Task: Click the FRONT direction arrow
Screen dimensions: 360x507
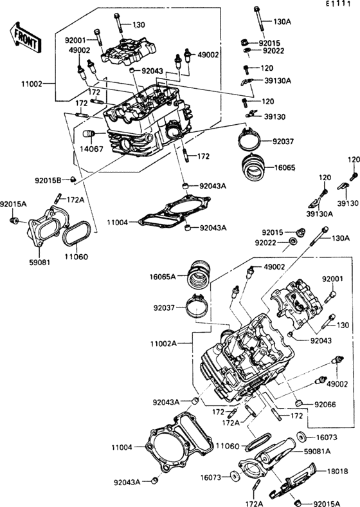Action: [x=26, y=37]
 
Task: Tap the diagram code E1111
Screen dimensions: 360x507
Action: [x=337, y=4]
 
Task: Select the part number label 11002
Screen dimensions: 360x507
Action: [x=32, y=84]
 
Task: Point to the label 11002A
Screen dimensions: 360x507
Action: [x=163, y=344]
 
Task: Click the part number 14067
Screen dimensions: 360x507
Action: [x=91, y=149]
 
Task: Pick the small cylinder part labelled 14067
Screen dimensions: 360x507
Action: [x=89, y=134]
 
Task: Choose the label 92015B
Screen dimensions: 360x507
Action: [x=48, y=180]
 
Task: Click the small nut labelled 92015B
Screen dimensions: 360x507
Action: [x=73, y=179]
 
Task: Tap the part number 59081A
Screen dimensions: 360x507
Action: [x=318, y=451]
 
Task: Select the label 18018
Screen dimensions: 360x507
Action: [x=337, y=472]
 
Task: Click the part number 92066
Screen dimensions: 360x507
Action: [x=325, y=405]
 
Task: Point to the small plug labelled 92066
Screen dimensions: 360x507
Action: [x=299, y=403]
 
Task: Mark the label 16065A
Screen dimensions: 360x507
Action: [x=163, y=277]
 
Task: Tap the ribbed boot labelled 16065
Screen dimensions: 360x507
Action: [x=254, y=167]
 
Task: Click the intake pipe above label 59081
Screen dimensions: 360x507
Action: [x=48, y=226]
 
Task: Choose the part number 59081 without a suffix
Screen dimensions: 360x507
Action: [x=40, y=263]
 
